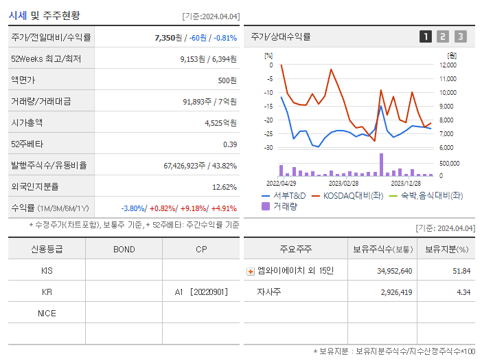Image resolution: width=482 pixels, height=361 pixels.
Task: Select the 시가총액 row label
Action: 27,123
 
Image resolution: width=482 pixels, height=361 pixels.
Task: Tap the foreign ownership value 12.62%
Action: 224,187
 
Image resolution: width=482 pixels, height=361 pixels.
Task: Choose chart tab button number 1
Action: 426,36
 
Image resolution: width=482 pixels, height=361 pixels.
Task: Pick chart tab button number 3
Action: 460,36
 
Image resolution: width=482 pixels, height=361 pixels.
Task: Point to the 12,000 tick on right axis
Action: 447,65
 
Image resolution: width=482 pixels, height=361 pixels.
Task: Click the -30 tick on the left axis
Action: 268,148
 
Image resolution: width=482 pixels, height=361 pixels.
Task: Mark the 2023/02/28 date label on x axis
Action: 343,184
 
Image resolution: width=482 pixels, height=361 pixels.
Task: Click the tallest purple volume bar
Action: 381,165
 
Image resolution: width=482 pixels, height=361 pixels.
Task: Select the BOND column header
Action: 124,249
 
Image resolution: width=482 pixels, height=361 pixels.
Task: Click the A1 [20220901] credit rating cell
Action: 201,292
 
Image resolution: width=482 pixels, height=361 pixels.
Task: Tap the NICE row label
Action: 47,314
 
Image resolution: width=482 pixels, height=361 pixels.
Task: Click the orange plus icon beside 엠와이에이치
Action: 250,271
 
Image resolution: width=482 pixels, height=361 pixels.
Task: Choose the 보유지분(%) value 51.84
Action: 461,271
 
